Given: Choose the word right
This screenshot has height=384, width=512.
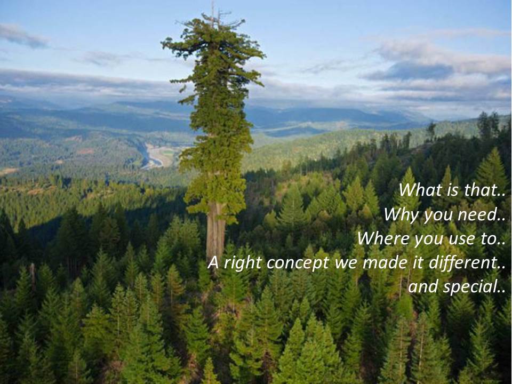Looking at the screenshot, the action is [x=242, y=263].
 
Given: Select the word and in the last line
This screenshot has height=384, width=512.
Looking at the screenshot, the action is [x=423, y=287].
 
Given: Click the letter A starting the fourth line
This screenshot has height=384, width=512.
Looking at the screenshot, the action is [x=213, y=262].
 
